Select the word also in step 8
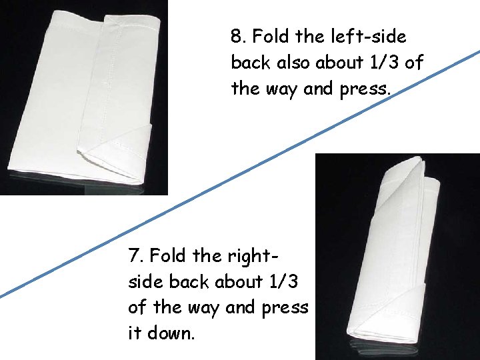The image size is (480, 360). [289, 63]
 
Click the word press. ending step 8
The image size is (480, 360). [365, 89]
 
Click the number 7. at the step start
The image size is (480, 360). [137, 255]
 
